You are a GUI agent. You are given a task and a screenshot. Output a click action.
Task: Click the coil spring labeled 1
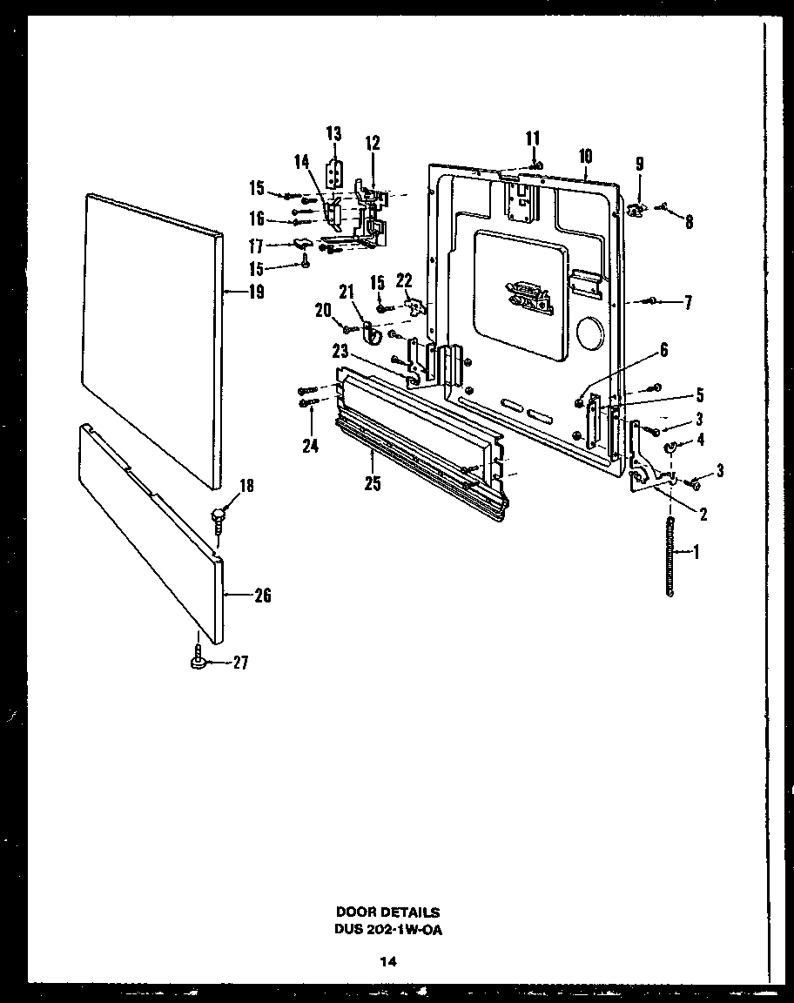click(x=670, y=555)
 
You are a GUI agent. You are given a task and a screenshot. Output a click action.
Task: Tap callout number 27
click(x=240, y=663)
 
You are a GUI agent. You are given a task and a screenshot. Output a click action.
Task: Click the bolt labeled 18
click(x=217, y=522)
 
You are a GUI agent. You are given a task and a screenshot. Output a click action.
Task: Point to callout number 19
click(x=255, y=293)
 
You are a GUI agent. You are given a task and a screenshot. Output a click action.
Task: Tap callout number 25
click(x=373, y=485)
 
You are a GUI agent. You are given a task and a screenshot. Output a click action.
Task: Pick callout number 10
click(x=585, y=156)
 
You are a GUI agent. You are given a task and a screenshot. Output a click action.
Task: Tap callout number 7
click(x=687, y=302)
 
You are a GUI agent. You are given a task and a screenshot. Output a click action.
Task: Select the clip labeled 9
click(x=636, y=209)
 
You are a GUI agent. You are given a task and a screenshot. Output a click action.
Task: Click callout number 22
click(x=403, y=279)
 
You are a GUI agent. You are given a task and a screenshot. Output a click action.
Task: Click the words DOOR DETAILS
click(x=387, y=912)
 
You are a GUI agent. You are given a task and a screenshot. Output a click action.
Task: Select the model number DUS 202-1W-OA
click(x=387, y=929)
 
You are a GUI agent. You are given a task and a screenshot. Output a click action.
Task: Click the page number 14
click(x=387, y=962)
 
